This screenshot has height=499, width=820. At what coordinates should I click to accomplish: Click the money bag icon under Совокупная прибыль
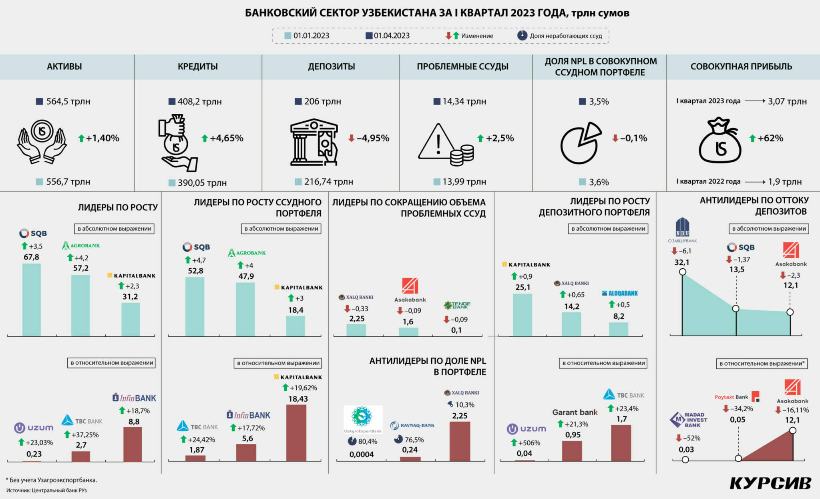[x=720, y=141]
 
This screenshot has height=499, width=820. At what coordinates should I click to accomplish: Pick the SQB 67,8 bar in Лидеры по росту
[x=32, y=299]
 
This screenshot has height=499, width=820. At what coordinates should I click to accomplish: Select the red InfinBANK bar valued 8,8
[x=133, y=444]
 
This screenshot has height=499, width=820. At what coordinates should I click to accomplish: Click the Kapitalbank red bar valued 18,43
[x=296, y=433]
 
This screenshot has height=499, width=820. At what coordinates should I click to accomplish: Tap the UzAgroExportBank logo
[x=363, y=419]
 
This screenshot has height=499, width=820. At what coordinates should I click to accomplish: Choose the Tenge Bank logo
[x=457, y=306]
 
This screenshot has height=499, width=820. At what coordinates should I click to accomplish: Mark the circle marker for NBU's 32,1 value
[x=683, y=272]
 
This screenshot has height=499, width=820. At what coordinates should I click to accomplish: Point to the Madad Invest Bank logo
[x=688, y=420]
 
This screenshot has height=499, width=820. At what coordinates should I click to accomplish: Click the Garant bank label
[x=575, y=412]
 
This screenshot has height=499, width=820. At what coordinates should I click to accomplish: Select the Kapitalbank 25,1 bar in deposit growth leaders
[x=523, y=315]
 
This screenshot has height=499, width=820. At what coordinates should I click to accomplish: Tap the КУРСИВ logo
[x=770, y=483]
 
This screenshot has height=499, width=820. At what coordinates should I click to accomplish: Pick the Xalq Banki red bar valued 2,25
[x=460, y=441]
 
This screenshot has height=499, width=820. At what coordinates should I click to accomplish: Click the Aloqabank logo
[x=620, y=293]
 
